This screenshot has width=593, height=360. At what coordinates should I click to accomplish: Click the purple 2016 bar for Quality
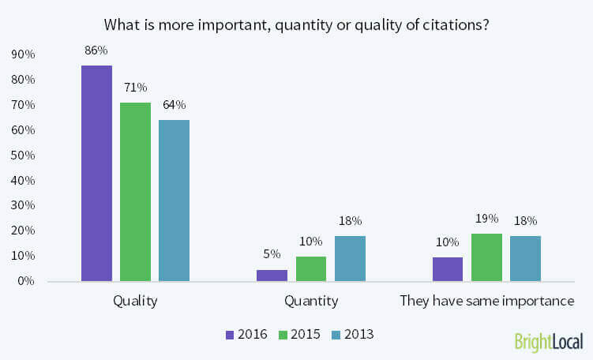pyautogui.click(x=96, y=173)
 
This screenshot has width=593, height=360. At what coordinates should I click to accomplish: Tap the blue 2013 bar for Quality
pyautogui.click(x=174, y=201)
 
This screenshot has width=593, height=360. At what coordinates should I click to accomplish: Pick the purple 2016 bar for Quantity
pyautogui.click(x=272, y=276)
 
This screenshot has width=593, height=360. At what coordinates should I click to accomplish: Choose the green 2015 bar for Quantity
pyautogui.click(x=311, y=269)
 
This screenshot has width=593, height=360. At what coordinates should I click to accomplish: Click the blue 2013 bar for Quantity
pyautogui.click(x=350, y=259)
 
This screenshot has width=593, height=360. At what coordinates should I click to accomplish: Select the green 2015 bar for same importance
pyautogui.click(x=486, y=257)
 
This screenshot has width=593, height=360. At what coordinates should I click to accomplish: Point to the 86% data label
pyautogui.click(x=96, y=51)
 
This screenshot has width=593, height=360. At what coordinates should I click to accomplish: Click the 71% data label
pyautogui.click(x=135, y=88)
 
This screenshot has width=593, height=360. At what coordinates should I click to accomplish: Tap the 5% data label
pyautogui.click(x=272, y=254)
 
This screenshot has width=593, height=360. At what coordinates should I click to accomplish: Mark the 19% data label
pyautogui.click(x=486, y=218)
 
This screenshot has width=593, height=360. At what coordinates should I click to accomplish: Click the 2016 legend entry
pyautogui.click(x=246, y=334)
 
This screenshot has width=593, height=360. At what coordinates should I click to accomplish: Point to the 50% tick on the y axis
pyautogui.click(x=21, y=156)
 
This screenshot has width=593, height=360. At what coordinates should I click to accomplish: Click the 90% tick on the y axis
pyautogui.click(x=21, y=54)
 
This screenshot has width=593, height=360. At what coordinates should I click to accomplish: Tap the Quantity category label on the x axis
pyautogui.click(x=311, y=301)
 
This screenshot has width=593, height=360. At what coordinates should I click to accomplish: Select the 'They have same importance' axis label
pyautogui.click(x=486, y=301)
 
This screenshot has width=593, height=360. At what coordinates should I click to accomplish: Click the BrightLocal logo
pyautogui.click(x=549, y=342)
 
